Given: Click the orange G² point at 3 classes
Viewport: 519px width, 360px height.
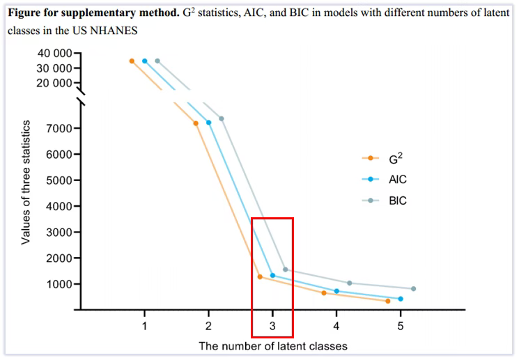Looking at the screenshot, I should click(x=260, y=276).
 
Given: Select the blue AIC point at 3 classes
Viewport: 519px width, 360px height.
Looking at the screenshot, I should click(x=272, y=275).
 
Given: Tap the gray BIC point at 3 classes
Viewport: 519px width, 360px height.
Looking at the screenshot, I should click(x=286, y=269).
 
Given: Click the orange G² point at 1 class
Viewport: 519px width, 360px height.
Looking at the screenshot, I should click(x=132, y=61).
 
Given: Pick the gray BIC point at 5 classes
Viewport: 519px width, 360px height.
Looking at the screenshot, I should click(x=413, y=288).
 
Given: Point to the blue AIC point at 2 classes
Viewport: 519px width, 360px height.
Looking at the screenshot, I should click(x=208, y=123).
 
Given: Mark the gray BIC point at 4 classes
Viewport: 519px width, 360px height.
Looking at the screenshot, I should click(x=349, y=283).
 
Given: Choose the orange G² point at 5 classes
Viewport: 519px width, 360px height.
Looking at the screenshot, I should click(x=387, y=301).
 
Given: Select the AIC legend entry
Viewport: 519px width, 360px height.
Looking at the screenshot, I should click(x=397, y=179).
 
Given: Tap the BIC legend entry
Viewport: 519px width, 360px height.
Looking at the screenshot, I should click(x=397, y=201).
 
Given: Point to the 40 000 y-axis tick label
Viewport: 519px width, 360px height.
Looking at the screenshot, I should click(x=52, y=54).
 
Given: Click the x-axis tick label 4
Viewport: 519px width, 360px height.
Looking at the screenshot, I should click(x=336, y=325).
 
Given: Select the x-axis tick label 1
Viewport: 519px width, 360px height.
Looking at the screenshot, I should click(x=144, y=325).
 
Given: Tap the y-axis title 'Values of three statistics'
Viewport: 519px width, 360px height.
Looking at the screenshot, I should click(x=26, y=182).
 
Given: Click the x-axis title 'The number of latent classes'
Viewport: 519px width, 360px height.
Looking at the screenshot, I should click(x=272, y=345).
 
